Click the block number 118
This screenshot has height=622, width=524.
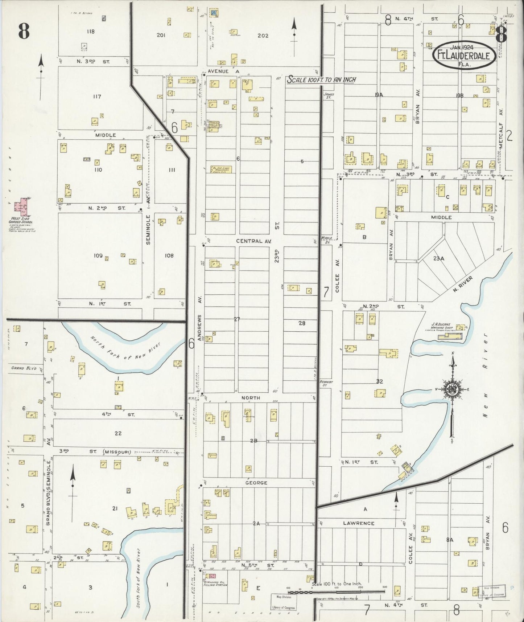90,32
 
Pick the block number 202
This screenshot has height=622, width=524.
263,36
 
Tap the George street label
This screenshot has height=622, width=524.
256,483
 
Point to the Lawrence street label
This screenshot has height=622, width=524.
363,523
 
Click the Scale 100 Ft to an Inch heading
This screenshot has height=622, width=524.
321,80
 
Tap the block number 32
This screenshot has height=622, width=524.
380,381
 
